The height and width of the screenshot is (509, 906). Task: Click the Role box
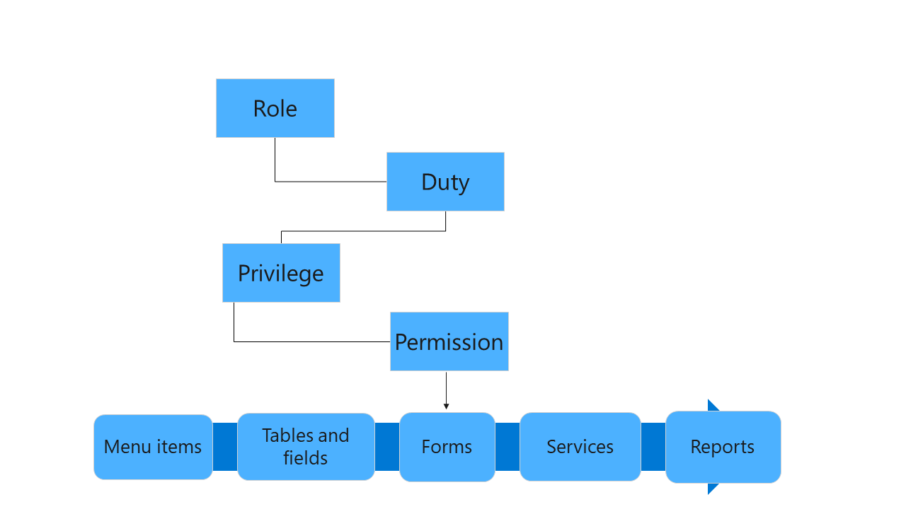coord(275,108)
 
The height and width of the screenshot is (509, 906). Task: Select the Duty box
coord(445,182)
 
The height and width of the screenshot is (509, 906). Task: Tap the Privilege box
coord(281,273)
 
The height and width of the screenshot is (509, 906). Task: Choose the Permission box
coord(449,341)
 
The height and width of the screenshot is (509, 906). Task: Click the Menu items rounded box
coord(153,447)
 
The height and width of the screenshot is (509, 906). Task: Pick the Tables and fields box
coord(306,447)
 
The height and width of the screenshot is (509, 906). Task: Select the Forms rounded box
coord(447,447)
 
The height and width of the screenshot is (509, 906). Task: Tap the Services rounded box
coord(580,447)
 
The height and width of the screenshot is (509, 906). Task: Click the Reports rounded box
coord(723,447)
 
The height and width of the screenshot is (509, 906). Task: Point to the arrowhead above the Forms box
coord(446,406)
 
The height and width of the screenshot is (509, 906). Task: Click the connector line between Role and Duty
coord(326,182)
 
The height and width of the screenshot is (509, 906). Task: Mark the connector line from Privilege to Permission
coord(311,341)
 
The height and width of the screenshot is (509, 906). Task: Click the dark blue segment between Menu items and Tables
coord(224,447)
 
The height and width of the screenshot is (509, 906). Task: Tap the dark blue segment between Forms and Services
coord(507,447)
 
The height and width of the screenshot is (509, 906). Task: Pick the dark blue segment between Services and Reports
coord(653,447)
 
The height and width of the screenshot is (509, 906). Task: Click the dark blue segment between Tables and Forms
coord(386,447)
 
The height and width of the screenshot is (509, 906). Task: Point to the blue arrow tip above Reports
coord(712,406)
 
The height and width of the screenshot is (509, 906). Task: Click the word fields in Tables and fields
coord(306,458)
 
